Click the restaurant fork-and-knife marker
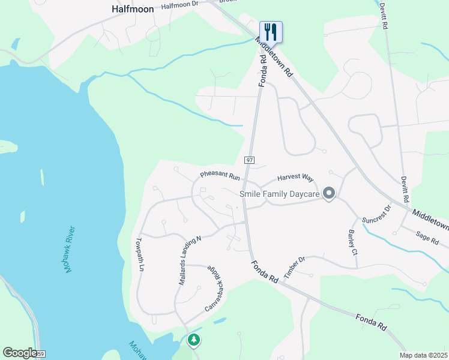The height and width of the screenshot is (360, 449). coord(271,32)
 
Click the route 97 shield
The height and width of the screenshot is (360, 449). coord(249,160)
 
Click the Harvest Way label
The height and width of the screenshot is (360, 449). coord(295,178)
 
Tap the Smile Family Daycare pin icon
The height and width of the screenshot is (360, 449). coord(328,193)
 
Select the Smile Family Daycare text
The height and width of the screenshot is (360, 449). coord(279,194)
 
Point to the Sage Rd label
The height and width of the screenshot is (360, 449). coord(427,238)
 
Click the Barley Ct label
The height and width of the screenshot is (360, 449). coord(353,243)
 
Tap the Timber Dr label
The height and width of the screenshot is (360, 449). coord(295,267)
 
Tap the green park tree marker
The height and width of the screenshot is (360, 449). coord(193,340)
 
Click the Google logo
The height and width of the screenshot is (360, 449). coord(20,353)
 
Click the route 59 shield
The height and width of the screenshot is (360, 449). coord(40,355)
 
